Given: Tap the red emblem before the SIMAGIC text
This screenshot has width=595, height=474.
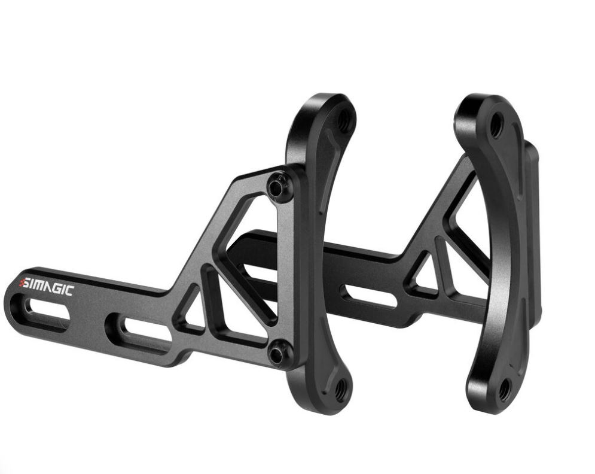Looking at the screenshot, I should (x=22, y=283).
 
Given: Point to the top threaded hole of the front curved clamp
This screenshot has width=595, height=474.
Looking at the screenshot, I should (x=343, y=120).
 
